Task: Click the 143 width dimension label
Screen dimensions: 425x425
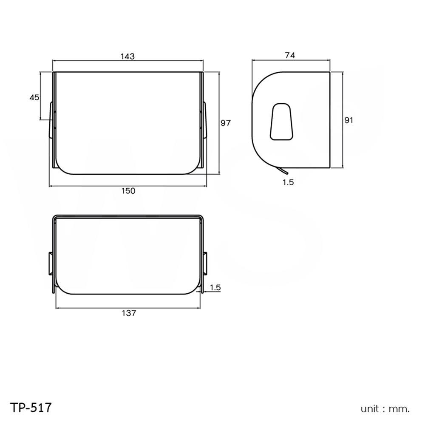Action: [127, 56]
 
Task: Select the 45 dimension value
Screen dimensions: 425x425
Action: [34, 97]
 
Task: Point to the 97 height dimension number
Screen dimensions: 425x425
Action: [225, 123]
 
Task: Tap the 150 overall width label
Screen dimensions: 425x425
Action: [128, 191]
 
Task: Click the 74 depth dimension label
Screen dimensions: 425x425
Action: [290, 55]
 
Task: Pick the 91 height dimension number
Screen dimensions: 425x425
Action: [348, 120]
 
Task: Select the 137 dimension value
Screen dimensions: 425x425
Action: [128, 313]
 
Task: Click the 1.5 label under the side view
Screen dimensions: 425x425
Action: [288, 182]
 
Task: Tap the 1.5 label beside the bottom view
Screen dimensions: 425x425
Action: [215, 288]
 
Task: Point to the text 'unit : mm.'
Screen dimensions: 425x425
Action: [385, 409]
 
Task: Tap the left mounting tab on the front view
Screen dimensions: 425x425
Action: [51, 120]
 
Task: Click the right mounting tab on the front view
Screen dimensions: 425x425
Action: [205, 120]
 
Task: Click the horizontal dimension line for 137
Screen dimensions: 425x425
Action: [127, 307]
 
